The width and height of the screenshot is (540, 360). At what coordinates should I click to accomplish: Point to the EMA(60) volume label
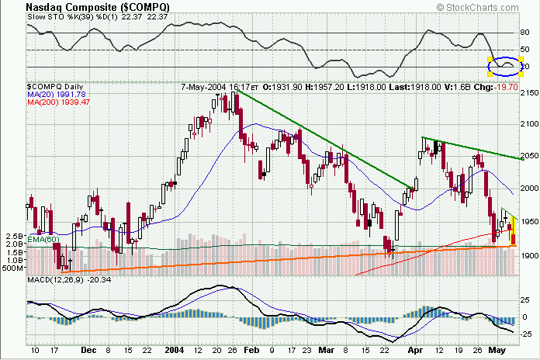point(41,241)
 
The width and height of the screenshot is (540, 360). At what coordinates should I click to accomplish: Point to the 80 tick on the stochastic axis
point(525,33)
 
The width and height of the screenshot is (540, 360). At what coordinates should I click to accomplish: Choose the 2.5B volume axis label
point(12,235)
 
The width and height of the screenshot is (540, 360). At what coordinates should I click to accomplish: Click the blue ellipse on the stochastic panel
point(505,66)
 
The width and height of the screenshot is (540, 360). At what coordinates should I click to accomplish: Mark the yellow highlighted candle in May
point(512,232)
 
